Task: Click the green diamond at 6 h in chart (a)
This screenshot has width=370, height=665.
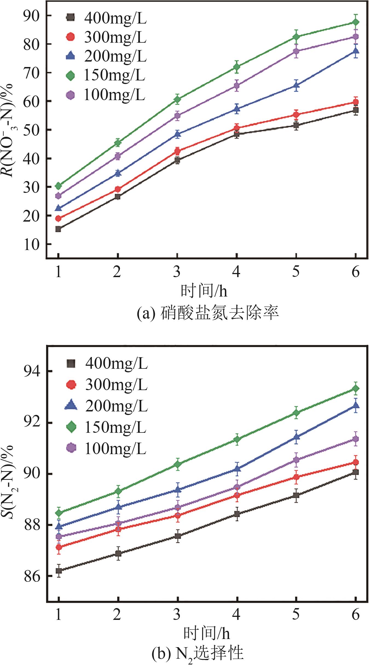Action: [x=355, y=22]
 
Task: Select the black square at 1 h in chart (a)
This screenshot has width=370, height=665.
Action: [x=58, y=229]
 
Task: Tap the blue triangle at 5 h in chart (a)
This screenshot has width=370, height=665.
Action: [x=296, y=86]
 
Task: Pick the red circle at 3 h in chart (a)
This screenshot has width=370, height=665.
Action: [x=177, y=151]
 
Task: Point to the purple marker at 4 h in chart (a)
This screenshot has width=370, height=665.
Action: [x=237, y=86]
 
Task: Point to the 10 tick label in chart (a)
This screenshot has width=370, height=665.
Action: [x=31, y=244]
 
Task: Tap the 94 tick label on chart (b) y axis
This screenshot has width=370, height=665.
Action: [x=32, y=371]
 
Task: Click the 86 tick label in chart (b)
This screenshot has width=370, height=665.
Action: [x=32, y=576]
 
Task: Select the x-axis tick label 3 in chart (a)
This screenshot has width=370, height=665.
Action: [x=177, y=272]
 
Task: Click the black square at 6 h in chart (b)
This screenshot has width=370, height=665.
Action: [x=355, y=472]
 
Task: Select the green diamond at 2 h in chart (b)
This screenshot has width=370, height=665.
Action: [x=118, y=491]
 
